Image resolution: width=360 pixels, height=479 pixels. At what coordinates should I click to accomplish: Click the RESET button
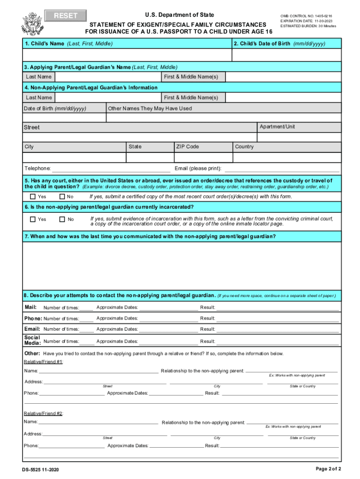tap(66, 16)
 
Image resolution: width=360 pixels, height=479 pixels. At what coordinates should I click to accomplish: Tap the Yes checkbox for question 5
tap(33, 196)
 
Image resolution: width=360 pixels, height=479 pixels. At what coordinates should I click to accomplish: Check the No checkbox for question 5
tap(62, 196)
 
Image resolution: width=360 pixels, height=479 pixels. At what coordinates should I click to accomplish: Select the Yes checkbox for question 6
tap(33, 219)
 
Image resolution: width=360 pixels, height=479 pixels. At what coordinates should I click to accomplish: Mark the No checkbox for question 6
tap(62, 219)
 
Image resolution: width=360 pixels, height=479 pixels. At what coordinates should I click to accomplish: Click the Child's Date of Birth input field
tap(286, 55)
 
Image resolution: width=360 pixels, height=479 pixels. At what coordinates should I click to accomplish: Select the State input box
tap(149, 158)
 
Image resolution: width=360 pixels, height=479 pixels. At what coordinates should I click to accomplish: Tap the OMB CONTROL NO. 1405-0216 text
tap(306, 15)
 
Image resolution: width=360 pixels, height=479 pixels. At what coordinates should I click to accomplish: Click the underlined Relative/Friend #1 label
tap(43, 362)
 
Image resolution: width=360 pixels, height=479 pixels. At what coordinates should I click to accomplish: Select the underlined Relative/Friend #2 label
tap(43, 414)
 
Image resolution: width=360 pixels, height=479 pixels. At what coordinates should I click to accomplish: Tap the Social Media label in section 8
tap(32, 340)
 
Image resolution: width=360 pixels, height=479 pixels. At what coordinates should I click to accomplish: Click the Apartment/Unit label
tap(277, 127)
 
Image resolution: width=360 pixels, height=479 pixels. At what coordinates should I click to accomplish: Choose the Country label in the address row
tap(245, 146)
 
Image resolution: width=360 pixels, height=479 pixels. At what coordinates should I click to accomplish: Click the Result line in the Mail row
tap(277, 308)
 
